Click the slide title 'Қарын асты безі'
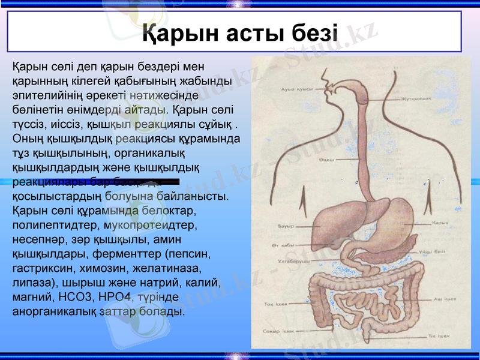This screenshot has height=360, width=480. tap(240, 32)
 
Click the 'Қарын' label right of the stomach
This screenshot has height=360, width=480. tap(441, 223)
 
